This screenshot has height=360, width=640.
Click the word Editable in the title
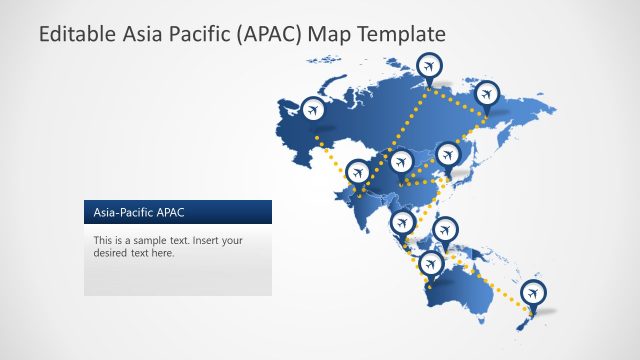(73, 34)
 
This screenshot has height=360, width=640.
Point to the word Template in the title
(400, 34)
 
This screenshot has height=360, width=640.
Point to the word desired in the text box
(111, 254)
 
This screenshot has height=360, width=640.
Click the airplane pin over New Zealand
(534, 291)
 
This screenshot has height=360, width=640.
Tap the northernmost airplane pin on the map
(430, 66)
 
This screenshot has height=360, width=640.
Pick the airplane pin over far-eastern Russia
(486, 94)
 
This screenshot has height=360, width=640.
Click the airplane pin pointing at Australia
(431, 263)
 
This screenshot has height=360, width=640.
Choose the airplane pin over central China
(401, 162)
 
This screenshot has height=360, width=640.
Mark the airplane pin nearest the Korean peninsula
(447, 153)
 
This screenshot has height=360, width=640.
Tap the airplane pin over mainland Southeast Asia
(404, 222)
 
